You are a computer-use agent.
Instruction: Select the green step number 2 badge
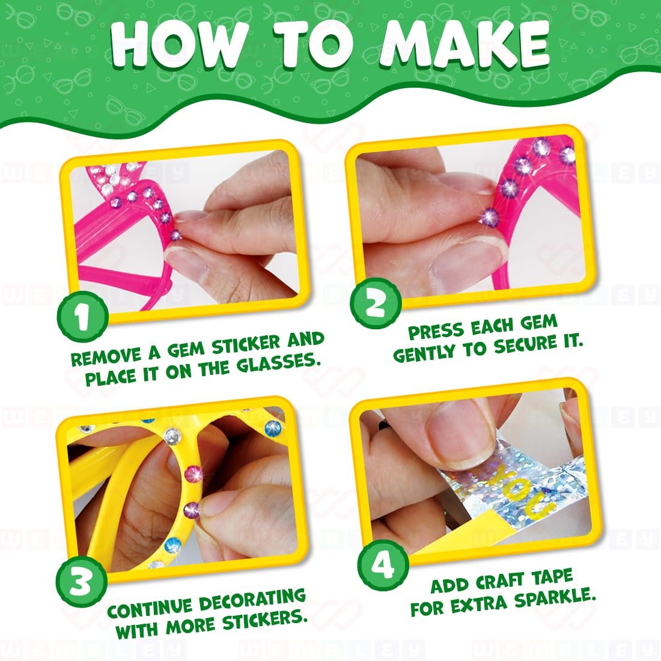375,303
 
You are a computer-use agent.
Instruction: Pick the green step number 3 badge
81,583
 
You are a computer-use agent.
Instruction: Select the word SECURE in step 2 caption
526,345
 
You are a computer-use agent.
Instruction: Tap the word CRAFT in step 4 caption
502,581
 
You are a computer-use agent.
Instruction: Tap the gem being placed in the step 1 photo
175,234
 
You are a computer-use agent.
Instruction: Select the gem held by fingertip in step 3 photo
192,509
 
